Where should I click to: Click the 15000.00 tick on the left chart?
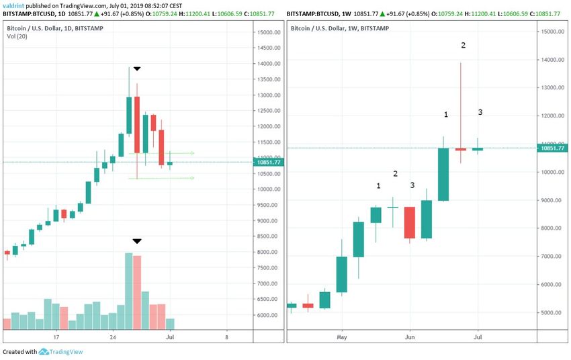pyautogui.click(x=269, y=32)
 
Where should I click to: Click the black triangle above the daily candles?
pyautogui.click(x=137, y=69)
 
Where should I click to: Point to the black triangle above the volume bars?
pyautogui.click(x=137, y=241)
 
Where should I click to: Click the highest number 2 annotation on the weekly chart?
pyautogui.click(x=463, y=45)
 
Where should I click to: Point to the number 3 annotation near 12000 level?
pyautogui.click(x=480, y=112)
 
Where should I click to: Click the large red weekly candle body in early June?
pyautogui.click(x=409, y=222)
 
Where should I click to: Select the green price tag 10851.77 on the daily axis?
pyautogui.click(x=269, y=162)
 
